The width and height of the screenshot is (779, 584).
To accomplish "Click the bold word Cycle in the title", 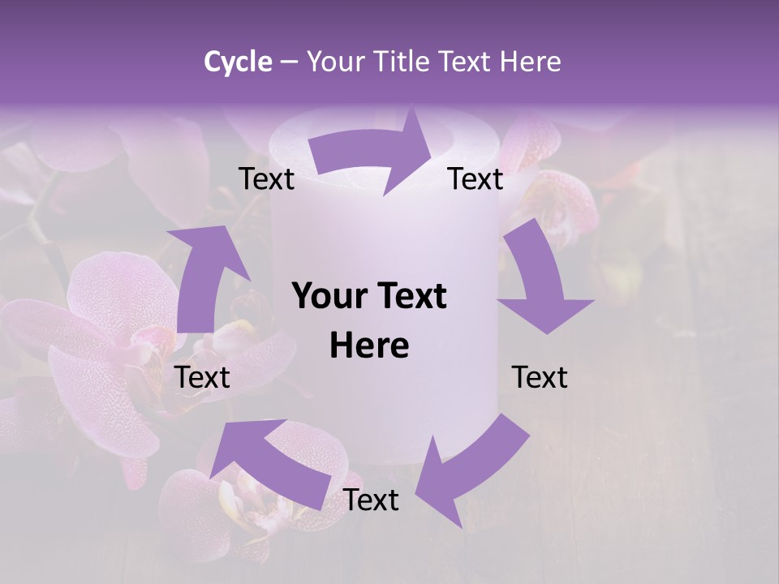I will (x=238, y=62).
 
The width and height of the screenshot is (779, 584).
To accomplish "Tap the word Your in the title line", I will (x=335, y=62).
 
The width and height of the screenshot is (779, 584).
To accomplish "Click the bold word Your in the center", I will (x=329, y=297).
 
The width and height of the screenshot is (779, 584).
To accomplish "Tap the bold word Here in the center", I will (x=369, y=346).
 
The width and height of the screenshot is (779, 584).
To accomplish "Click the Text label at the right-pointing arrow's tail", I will (x=267, y=179).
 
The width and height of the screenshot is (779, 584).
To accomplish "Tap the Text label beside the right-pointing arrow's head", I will (x=476, y=179).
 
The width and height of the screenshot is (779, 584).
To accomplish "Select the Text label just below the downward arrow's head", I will (x=540, y=377).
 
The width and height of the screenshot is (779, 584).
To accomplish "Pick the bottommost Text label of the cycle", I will (x=371, y=500).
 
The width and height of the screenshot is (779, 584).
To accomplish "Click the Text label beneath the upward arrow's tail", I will (x=202, y=377).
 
